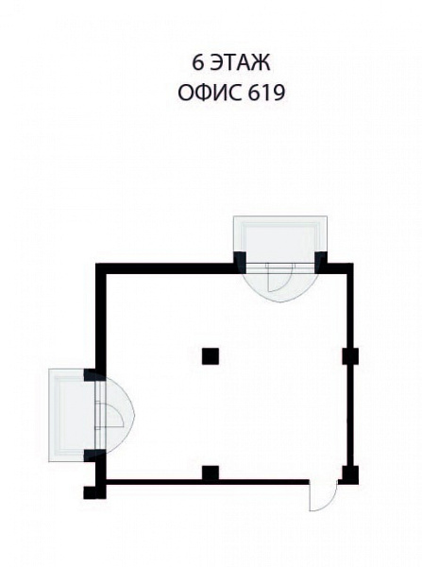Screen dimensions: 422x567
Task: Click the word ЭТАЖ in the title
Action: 239,63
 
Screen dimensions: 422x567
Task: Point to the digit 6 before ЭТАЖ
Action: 197,63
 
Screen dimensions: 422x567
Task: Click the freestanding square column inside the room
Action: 211,356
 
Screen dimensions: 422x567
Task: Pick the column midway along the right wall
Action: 350,356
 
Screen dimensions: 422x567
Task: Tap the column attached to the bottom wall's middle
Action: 211,473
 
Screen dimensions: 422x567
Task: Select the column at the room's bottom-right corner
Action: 350,475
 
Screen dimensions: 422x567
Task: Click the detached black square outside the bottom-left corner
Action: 91,492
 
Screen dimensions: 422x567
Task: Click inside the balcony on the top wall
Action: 280,240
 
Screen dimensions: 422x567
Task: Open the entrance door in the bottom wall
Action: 323,496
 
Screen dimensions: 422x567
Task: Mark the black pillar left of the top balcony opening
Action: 240,261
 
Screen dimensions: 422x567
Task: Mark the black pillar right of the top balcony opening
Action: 321,261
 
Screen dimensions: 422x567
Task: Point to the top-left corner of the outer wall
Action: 96,264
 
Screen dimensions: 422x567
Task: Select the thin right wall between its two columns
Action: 349,415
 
